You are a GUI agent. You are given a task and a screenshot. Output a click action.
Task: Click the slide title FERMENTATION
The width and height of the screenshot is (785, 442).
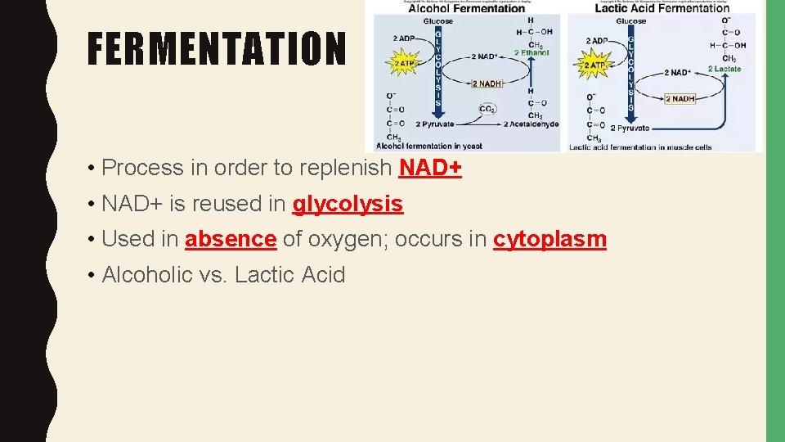217,49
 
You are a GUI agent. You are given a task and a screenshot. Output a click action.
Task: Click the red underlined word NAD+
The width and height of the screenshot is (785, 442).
430,168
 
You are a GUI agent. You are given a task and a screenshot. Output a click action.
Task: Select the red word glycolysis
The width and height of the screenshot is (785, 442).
348,203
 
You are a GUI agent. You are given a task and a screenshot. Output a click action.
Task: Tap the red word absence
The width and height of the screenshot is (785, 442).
231,239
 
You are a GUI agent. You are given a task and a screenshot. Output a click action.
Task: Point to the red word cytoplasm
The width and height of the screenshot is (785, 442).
549,239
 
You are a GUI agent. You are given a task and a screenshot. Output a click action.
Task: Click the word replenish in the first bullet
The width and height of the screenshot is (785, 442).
344,168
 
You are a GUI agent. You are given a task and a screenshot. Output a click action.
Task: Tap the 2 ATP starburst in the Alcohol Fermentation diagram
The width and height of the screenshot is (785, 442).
403,63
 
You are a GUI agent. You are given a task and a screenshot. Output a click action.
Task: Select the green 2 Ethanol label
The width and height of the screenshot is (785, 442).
532,52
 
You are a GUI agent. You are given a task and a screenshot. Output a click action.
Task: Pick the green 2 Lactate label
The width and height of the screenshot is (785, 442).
724,69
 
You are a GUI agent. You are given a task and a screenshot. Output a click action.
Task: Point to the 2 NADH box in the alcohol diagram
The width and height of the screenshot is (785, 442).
487,83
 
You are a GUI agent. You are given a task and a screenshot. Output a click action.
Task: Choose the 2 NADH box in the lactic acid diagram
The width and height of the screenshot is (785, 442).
680,99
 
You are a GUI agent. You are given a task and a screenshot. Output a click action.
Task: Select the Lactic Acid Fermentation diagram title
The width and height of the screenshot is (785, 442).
662,8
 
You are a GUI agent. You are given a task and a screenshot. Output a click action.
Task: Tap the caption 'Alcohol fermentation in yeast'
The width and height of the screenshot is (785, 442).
429,146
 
